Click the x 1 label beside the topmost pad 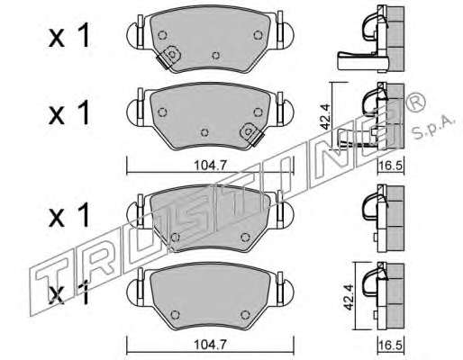69,36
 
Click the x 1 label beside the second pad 69,112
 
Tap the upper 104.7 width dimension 210,166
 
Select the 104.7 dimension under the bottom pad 210,345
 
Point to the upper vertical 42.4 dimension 325,116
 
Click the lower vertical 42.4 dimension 348,297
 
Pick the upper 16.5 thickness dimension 390,166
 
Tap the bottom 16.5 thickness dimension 390,346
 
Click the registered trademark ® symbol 415,102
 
